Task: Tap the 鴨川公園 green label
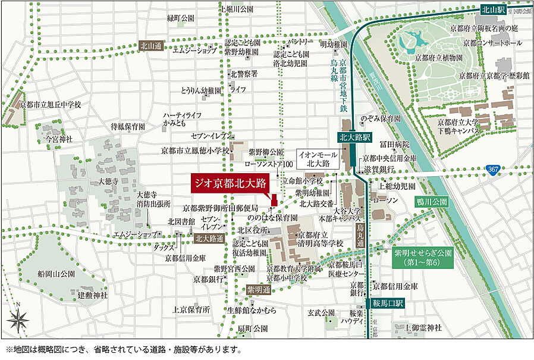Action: [x=432, y=202]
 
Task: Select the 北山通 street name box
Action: [x=150, y=45]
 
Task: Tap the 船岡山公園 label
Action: [x=55, y=274]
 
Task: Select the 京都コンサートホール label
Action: [x=495, y=43]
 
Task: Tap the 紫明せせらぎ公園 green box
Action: [x=422, y=257]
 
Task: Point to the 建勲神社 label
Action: [x=92, y=295]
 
